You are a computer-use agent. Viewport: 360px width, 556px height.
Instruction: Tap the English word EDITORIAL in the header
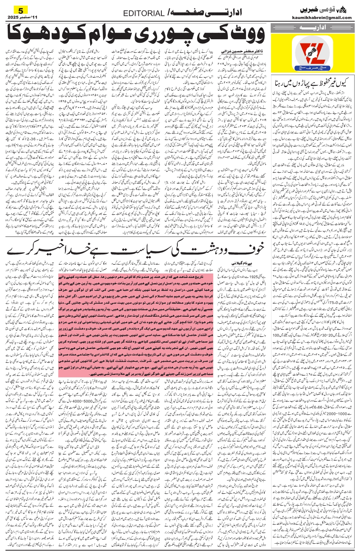point(144,13)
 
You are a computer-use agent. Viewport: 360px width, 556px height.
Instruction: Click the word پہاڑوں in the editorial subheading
point(300,82)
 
